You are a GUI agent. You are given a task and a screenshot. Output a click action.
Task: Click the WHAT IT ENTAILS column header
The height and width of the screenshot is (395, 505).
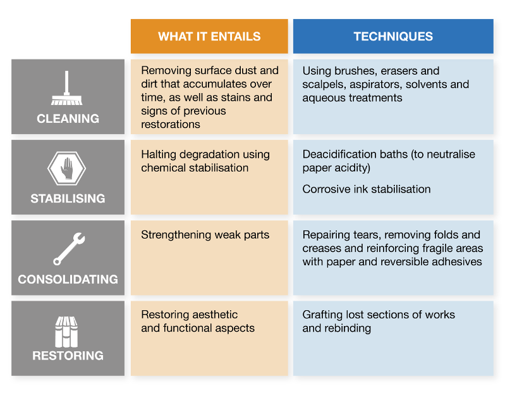pos(209,36)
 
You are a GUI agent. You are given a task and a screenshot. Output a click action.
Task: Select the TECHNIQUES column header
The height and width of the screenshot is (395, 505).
pos(393,36)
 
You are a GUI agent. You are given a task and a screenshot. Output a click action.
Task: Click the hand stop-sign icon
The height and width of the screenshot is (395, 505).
pos(67,169)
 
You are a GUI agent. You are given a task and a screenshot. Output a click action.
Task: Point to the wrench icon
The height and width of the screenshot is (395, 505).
pos(68,249)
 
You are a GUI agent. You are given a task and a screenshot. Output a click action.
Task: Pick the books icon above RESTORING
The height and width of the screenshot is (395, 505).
pos(67,330)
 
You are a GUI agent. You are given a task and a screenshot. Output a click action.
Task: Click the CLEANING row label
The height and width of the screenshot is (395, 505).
pos(68,118)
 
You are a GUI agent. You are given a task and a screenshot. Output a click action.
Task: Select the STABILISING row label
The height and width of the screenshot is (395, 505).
pos(68,199)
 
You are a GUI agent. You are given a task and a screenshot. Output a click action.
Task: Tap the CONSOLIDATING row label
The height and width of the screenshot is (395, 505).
pos(68,279)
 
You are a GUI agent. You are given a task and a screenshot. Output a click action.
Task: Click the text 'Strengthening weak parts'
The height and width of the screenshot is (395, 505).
pos(205,235)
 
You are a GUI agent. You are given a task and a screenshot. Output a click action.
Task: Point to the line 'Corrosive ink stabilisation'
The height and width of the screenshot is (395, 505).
pos(366,189)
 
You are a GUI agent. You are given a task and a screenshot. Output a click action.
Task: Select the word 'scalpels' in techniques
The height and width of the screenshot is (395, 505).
pos(322,84)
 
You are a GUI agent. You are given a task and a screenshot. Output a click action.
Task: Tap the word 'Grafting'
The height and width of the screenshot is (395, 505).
pos(322,315)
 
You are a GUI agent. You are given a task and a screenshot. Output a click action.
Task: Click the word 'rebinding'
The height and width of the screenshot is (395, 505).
pos(347,328)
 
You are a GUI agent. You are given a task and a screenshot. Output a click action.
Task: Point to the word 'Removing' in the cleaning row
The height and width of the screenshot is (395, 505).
pos(163,71)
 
